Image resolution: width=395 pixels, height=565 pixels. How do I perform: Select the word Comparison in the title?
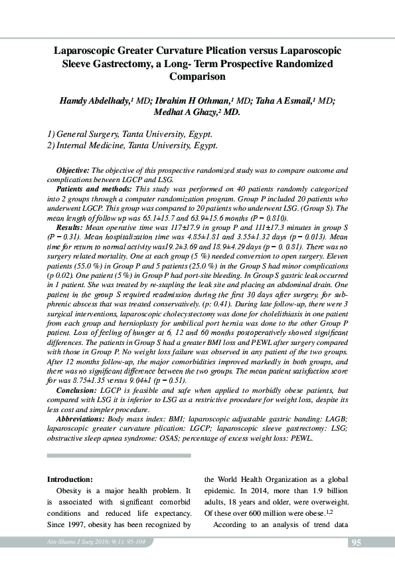click(197, 76)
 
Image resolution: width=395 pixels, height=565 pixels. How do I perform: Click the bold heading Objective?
click(73, 171)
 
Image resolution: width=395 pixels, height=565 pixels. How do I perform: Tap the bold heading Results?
click(70, 225)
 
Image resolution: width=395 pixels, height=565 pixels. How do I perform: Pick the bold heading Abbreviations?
click(81, 419)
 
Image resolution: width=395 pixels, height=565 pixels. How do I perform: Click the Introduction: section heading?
click(70, 479)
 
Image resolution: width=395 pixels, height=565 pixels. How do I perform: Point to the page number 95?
click(356, 544)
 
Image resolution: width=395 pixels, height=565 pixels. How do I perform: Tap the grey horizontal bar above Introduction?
click(119, 456)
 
